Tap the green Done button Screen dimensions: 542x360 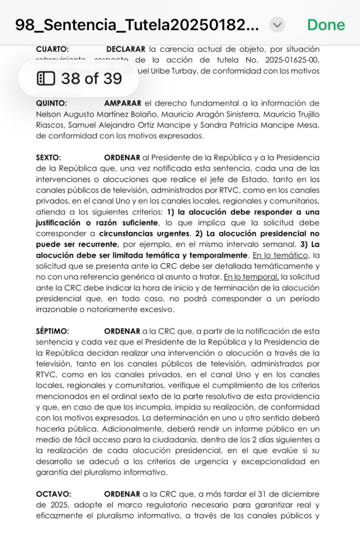326,24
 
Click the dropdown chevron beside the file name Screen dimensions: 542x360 277,24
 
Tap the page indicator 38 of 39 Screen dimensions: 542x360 80,79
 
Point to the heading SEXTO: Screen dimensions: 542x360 48,157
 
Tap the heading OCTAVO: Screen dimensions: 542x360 52,494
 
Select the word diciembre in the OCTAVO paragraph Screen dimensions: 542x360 301,494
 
